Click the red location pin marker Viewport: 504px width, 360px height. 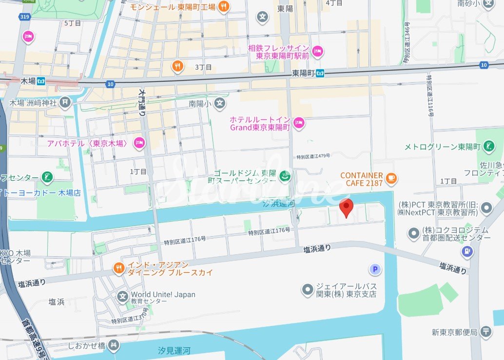[x=346, y=208]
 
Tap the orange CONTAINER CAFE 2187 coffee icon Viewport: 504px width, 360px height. [x=390, y=179]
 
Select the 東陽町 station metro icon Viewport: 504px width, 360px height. [x=320, y=73]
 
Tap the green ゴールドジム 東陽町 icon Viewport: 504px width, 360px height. [x=286, y=176]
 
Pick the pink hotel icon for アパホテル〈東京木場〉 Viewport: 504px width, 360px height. [x=139, y=143]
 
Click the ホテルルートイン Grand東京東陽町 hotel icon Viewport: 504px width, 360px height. [x=299, y=123]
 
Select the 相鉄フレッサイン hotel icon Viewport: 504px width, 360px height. [x=317, y=51]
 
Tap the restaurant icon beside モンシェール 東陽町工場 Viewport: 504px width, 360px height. [x=224, y=6]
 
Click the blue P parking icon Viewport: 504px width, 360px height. [x=374, y=269]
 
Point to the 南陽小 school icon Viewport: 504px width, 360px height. [x=220, y=103]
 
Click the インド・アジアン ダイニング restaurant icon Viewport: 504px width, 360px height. [x=118, y=268]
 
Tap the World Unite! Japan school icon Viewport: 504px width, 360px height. [x=122, y=295]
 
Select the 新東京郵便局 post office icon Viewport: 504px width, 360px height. [x=486, y=332]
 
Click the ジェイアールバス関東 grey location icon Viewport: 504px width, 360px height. [x=308, y=290]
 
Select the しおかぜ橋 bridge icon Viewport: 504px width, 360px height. [x=114, y=345]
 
